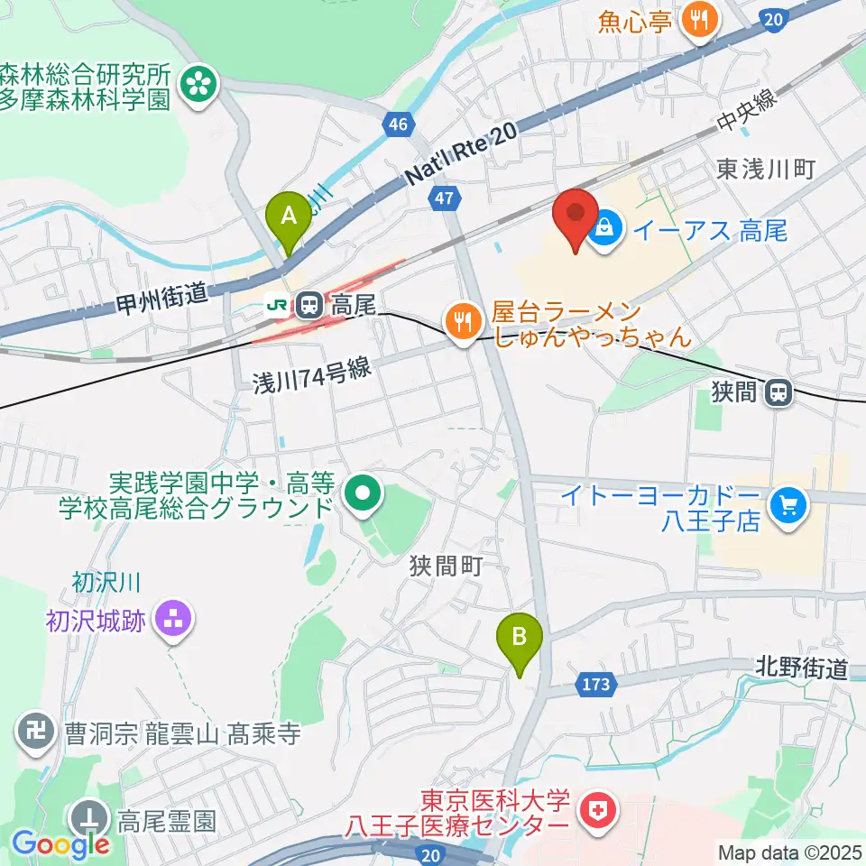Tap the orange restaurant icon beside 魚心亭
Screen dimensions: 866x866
(697, 18)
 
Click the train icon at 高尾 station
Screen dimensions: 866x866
(309, 306)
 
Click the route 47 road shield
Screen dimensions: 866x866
(443, 199)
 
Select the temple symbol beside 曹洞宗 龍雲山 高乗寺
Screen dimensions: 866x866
(39, 732)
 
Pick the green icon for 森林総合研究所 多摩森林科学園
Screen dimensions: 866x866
(198, 85)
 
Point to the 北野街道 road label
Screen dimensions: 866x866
(802, 668)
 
